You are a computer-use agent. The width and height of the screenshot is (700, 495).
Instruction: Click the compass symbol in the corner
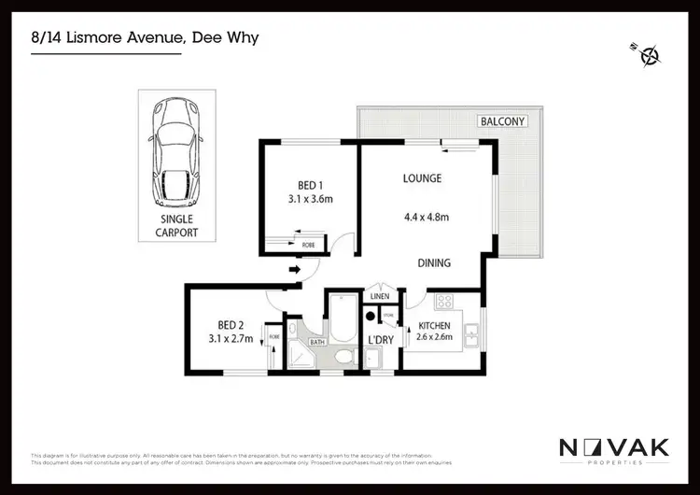point(650,54)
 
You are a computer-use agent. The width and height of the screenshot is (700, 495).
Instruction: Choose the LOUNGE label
point(422,177)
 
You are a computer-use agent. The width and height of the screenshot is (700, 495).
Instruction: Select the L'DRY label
point(380,339)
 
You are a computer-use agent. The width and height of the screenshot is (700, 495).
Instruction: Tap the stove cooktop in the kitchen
point(442,303)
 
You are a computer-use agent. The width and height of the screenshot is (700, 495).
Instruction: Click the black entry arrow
point(296,271)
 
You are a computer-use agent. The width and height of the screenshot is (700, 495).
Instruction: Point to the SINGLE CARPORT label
point(175,227)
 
